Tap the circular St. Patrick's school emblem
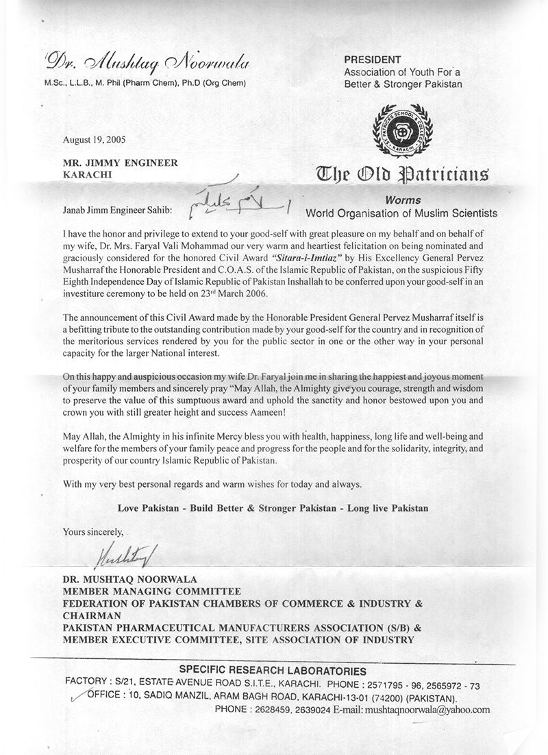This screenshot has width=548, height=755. pyautogui.click(x=402, y=130)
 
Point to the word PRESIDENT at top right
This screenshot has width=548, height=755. pyautogui.click(x=373, y=60)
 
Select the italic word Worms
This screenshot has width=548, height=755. pyautogui.click(x=402, y=200)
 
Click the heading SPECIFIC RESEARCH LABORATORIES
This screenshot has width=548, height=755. pyautogui.click(x=273, y=671)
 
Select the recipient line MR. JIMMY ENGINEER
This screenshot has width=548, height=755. pyautogui.click(x=120, y=163)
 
